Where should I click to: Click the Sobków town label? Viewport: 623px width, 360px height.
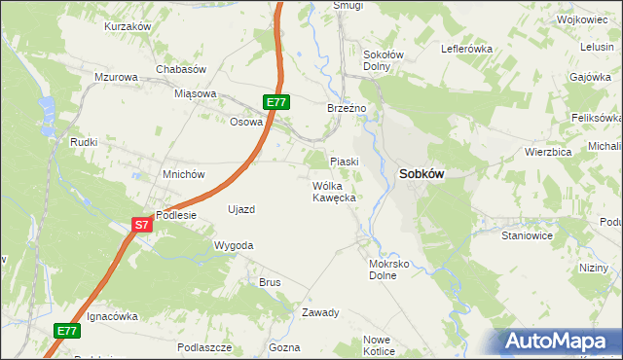click(x=421, y=174)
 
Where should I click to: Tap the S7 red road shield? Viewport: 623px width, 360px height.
click(x=142, y=225)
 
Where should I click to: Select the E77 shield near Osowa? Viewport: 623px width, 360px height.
click(x=276, y=101)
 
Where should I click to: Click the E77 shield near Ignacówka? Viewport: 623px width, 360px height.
click(x=66, y=331)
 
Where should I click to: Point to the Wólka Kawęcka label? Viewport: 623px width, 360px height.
click(x=335, y=191)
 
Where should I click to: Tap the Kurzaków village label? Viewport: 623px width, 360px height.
click(x=128, y=26)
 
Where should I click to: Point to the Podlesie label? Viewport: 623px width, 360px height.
click(x=176, y=215)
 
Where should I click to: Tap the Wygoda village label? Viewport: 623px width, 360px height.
click(x=234, y=245)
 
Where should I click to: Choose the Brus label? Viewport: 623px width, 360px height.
click(x=269, y=282)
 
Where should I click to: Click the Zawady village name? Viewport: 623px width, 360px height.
click(x=319, y=312)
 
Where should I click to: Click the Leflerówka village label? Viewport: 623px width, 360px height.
click(x=467, y=48)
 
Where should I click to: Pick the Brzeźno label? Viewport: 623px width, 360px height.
click(x=346, y=108)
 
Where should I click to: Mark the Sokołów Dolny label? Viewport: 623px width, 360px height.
click(x=377, y=60)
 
